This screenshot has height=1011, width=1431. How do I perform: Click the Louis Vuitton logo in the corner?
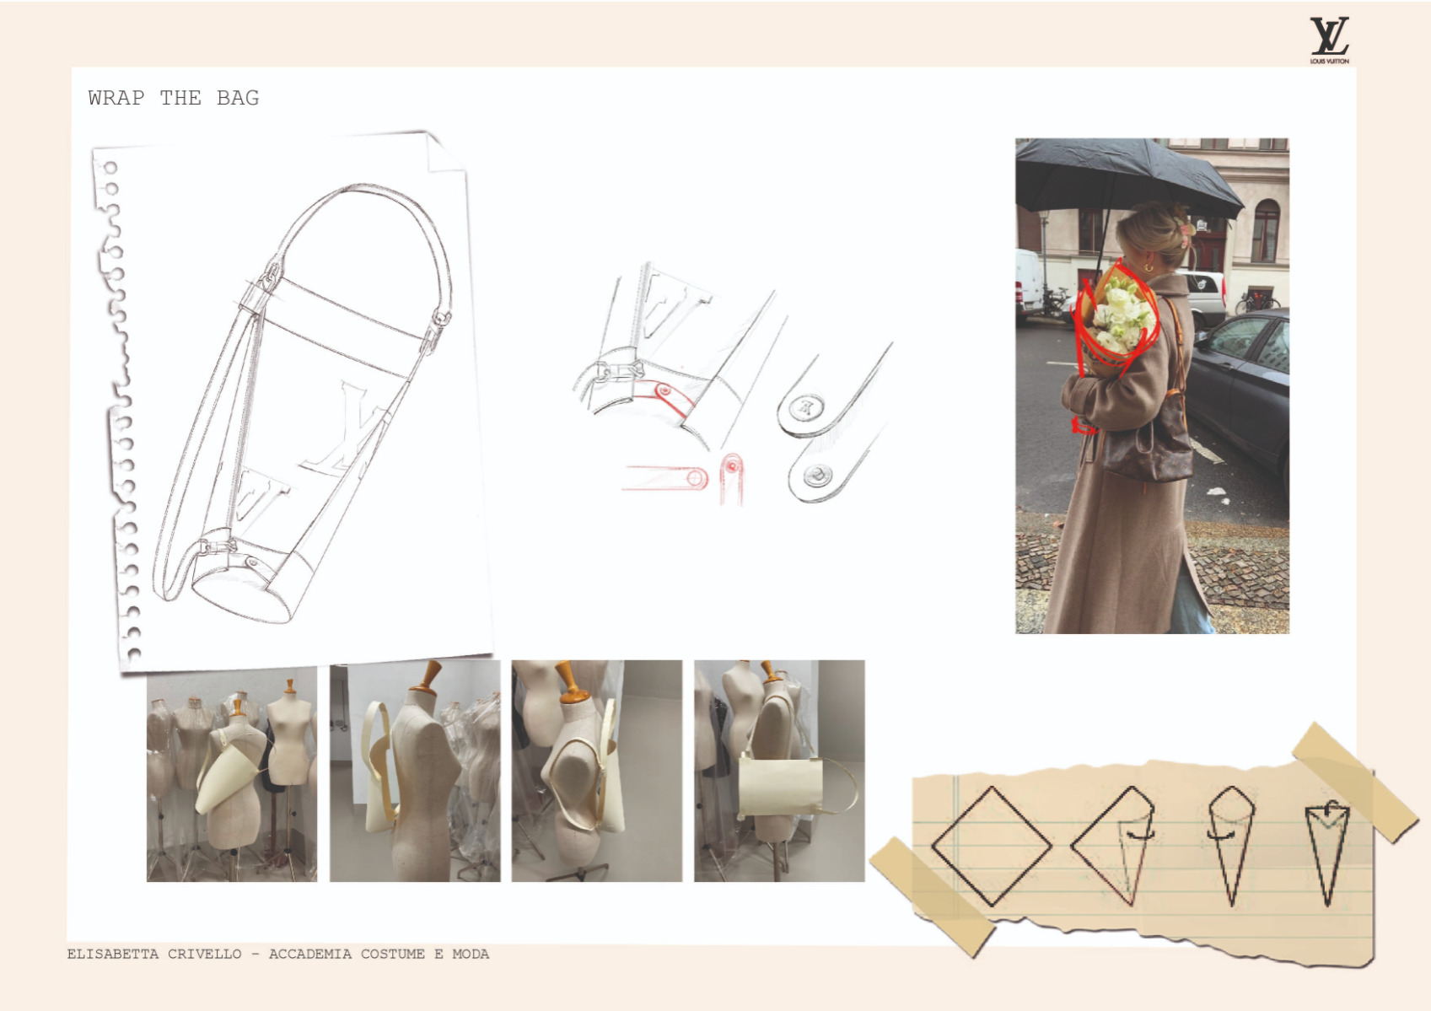click(x=1330, y=40)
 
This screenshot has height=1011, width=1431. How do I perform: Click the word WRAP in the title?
click(x=116, y=98)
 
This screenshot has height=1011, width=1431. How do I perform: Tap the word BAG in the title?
click(x=238, y=98)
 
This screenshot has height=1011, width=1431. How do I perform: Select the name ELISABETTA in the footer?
click(x=113, y=954)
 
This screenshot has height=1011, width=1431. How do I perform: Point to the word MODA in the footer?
click(x=471, y=954)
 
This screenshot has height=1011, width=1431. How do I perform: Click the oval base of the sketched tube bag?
click(x=242, y=598)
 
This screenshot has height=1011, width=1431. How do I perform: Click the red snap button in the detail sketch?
click(x=664, y=390)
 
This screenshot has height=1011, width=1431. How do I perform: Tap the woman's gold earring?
click(x=1149, y=266)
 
